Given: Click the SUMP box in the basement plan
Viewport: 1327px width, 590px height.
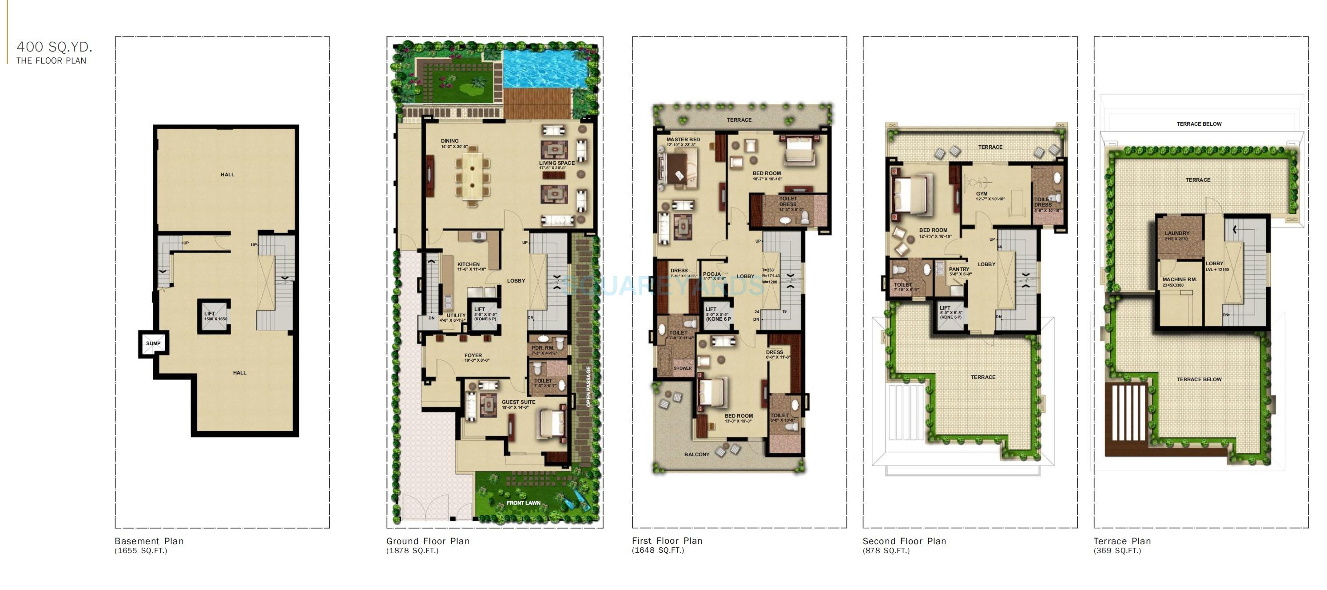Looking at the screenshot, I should (x=153, y=343).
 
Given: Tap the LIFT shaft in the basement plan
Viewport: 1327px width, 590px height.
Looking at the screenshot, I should (x=215, y=316).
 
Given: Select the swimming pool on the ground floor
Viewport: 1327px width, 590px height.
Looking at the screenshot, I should (x=546, y=67).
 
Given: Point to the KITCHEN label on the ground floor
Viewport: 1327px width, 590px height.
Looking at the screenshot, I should (x=468, y=264).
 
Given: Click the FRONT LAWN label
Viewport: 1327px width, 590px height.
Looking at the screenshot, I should (x=523, y=502).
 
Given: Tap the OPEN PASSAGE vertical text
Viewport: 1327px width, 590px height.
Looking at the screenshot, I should (x=589, y=387).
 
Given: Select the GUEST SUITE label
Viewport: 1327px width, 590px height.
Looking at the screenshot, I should (x=518, y=402).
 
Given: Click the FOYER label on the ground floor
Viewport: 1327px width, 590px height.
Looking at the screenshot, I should (x=473, y=355).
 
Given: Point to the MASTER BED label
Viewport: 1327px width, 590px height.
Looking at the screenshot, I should (x=683, y=139).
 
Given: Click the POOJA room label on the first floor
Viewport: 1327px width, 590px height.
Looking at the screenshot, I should (x=712, y=274).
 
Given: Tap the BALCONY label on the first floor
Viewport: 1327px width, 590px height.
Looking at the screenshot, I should (x=696, y=454).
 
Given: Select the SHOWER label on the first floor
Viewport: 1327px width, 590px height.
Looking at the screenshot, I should (x=683, y=368).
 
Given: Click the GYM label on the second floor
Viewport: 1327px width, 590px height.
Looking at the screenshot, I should (x=982, y=194).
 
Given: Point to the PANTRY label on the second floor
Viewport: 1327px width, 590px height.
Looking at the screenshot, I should (x=959, y=269).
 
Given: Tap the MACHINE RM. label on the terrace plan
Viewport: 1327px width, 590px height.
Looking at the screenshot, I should (x=1179, y=279).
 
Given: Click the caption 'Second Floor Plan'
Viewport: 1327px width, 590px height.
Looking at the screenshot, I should (x=904, y=541).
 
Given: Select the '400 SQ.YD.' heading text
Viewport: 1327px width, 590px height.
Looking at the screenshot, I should (x=55, y=47).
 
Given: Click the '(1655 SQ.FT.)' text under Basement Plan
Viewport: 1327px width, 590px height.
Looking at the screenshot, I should (x=141, y=551).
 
